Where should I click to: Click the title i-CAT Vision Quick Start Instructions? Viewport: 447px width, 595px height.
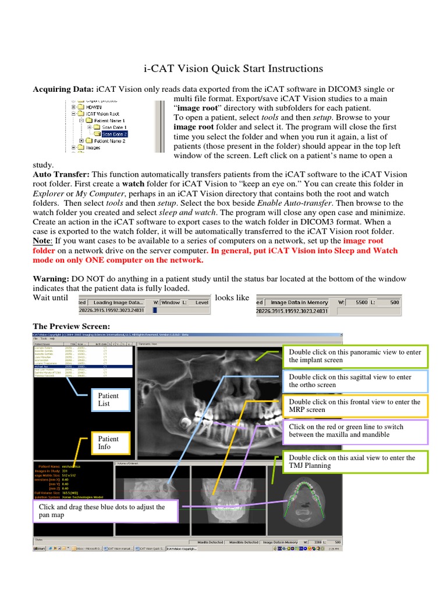[x=233, y=69]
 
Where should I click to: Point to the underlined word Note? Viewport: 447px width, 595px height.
[x=42, y=241]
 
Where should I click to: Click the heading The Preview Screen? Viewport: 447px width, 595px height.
[x=71, y=326]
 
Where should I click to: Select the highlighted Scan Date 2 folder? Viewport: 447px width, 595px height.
[x=114, y=134]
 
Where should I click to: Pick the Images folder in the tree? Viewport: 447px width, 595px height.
[x=93, y=148]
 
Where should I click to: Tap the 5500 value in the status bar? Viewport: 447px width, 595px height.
[x=363, y=302]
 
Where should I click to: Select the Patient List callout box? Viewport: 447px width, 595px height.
[x=108, y=399]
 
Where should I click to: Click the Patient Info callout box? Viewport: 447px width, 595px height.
[x=108, y=443]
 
